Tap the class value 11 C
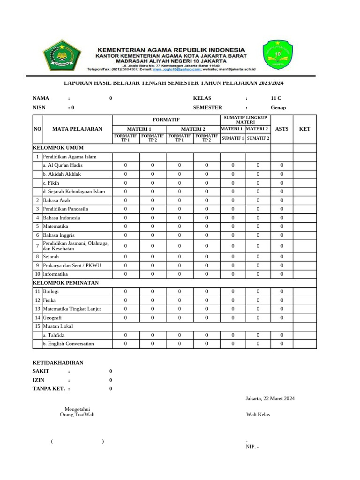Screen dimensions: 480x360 click(276, 98)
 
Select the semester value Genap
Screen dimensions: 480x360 click(278, 107)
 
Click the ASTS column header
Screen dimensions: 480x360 click(282, 129)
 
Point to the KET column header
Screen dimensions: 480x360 click(305, 129)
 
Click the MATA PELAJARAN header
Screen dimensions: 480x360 click(77, 129)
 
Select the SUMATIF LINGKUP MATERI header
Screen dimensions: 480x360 click(245, 119)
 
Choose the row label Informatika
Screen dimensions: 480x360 click(55, 274)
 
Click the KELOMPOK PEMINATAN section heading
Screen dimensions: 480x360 click(66, 283)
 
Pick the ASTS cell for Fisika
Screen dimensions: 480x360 click(282, 300)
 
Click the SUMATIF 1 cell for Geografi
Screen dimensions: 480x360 click(233, 317)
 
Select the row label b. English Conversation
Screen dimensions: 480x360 click(68, 344)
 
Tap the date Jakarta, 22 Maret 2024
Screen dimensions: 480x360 click(270, 398)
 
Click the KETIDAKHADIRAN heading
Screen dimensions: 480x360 click(58, 362)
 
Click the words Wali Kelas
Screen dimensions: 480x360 click(258, 414)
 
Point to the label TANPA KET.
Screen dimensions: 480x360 click(48, 389)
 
